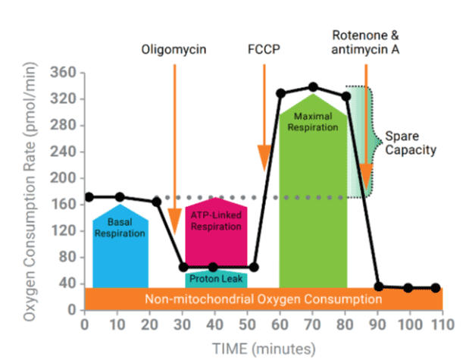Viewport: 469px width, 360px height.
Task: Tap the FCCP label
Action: pyautogui.click(x=264, y=52)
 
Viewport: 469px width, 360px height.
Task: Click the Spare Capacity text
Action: pyautogui.click(x=411, y=143)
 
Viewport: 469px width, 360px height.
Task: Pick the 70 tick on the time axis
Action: pyautogui.click(x=313, y=325)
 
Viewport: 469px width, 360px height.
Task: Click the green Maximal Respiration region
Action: pyautogui.click(x=313, y=189)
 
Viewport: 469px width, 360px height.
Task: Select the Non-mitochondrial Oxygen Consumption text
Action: pyautogui.click(x=261, y=299)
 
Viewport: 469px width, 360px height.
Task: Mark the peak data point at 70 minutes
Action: pyautogui.click(x=313, y=87)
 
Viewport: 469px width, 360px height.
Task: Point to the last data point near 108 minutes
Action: pyautogui.click(x=436, y=288)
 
